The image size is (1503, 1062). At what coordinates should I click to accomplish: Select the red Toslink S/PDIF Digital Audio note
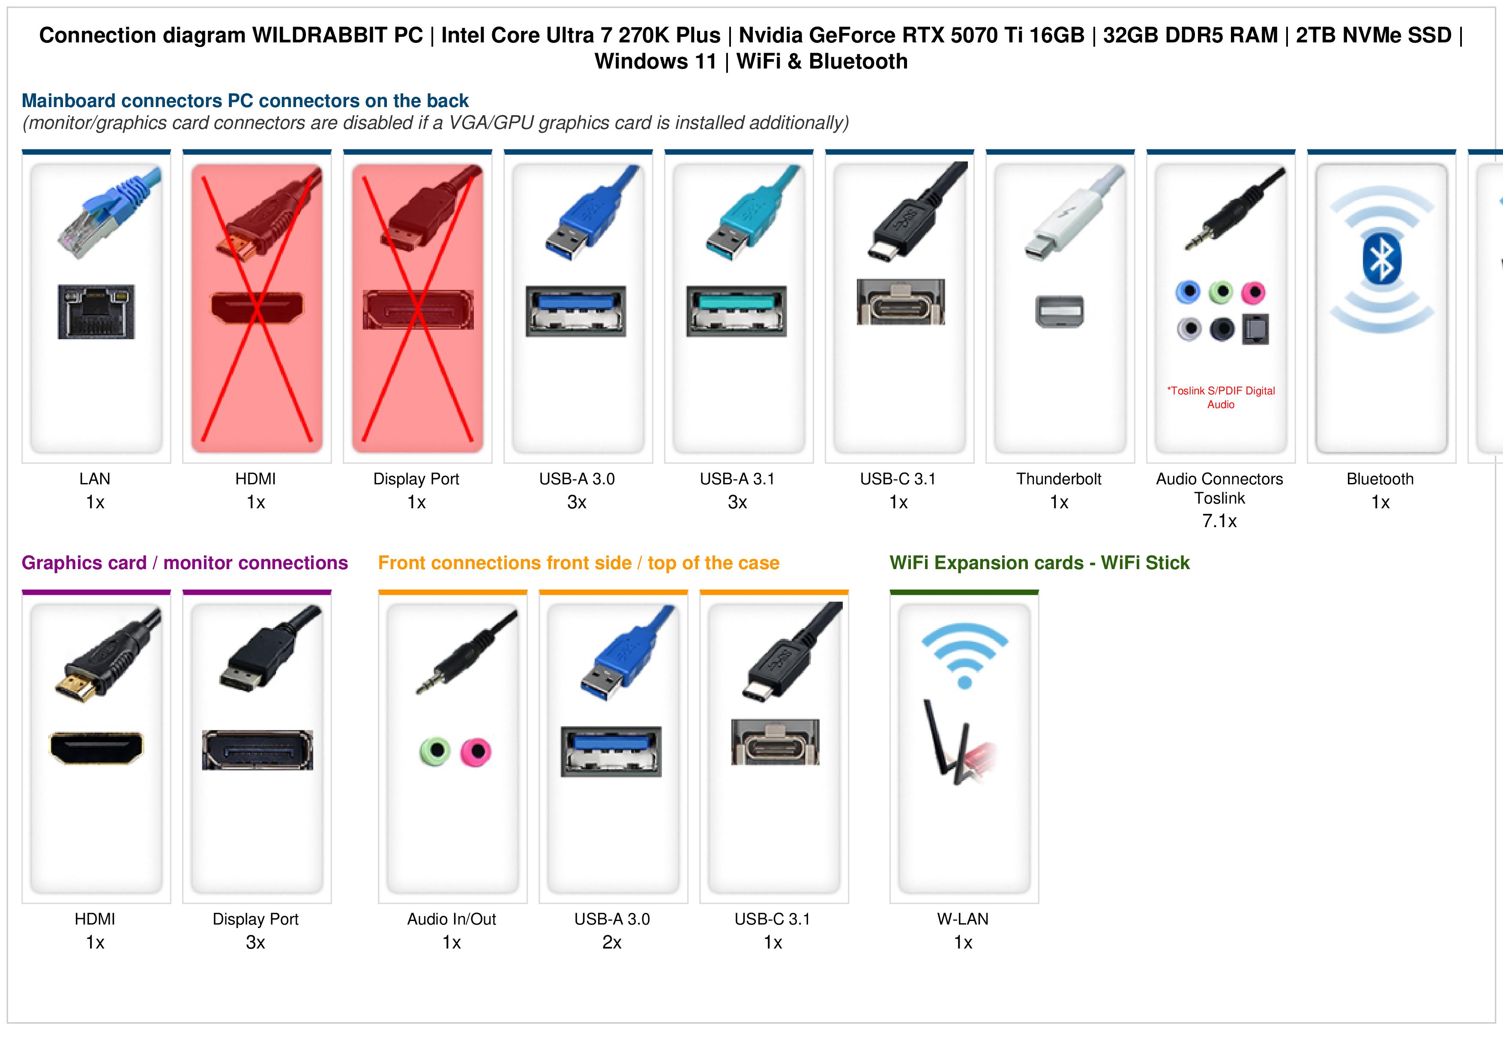pyautogui.click(x=1221, y=397)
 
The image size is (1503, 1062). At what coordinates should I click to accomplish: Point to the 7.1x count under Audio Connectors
pyautogui.click(x=1219, y=521)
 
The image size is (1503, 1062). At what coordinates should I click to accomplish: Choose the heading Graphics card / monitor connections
pyautogui.click(x=185, y=563)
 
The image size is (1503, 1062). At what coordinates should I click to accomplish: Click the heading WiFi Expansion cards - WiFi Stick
pyautogui.click(x=1039, y=563)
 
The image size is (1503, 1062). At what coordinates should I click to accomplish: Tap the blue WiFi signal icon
pyautogui.click(x=964, y=656)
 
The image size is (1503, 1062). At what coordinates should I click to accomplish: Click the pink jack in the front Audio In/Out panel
pyautogui.click(x=476, y=752)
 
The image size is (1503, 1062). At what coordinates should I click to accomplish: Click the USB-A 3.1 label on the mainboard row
pyautogui.click(x=737, y=479)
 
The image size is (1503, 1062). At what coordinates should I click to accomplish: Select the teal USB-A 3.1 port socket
pyautogui.click(x=737, y=311)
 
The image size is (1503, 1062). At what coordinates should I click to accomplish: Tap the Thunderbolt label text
pyautogui.click(x=1059, y=479)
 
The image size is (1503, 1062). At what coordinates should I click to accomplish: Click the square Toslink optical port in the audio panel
pyautogui.click(x=1255, y=329)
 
